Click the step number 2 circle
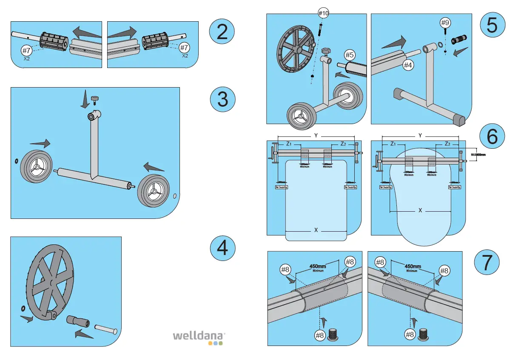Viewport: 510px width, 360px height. coord(222,32)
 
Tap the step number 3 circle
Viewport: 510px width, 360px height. coord(222,99)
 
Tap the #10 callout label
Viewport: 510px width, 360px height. coord(324,13)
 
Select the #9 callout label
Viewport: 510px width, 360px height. coord(445,22)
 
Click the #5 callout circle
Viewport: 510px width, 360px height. coord(350,55)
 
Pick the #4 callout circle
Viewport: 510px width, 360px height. coord(408,65)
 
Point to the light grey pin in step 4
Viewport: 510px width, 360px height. coord(105,329)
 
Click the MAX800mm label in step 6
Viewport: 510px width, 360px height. coord(479,155)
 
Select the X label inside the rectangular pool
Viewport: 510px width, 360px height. coord(316,230)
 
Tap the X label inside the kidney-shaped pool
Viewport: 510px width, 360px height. coord(420,210)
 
